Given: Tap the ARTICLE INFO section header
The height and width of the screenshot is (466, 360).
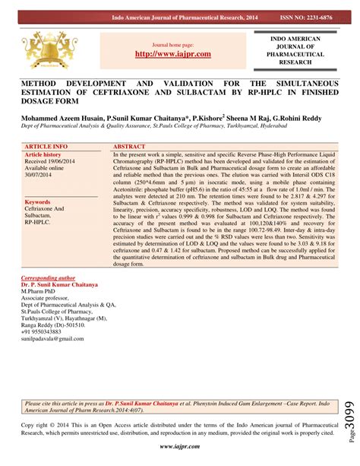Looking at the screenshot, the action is (46, 144).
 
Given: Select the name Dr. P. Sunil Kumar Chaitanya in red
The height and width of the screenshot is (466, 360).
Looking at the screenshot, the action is (60, 285).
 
